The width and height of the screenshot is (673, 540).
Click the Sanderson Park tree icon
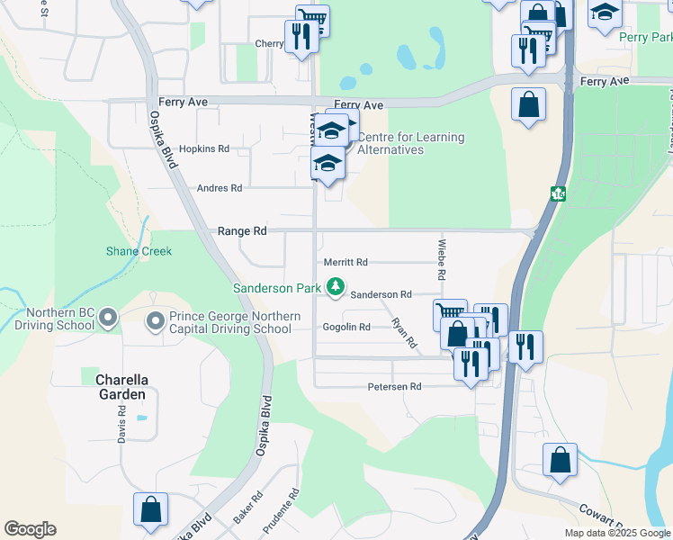click(x=336, y=287)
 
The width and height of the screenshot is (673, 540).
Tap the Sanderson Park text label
click(x=277, y=288)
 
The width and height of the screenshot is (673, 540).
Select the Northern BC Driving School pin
click(x=109, y=318)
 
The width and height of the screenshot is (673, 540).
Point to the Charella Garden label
click(x=121, y=387)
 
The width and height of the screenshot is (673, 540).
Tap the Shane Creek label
click(x=139, y=251)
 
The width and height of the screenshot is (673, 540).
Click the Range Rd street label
click(x=242, y=231)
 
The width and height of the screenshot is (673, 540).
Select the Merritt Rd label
click(x=346, y=263)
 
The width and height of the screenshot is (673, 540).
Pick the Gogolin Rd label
click(x=346, y=328)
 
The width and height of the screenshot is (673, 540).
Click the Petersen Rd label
click(x=394, y=387)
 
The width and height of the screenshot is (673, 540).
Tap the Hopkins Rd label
click(x=204, y=148)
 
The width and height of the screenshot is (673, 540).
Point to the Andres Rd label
click(x=220, y=188)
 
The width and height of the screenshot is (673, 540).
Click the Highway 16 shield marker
click(x=558, y=193)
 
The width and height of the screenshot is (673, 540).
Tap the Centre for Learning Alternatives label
click(x=411, y=143)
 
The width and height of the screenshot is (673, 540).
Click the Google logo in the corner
click(x=30, y=529)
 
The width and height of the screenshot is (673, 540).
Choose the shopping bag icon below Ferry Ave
click(x=528, y=104)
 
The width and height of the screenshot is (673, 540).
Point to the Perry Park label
click(x=645, y=38)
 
